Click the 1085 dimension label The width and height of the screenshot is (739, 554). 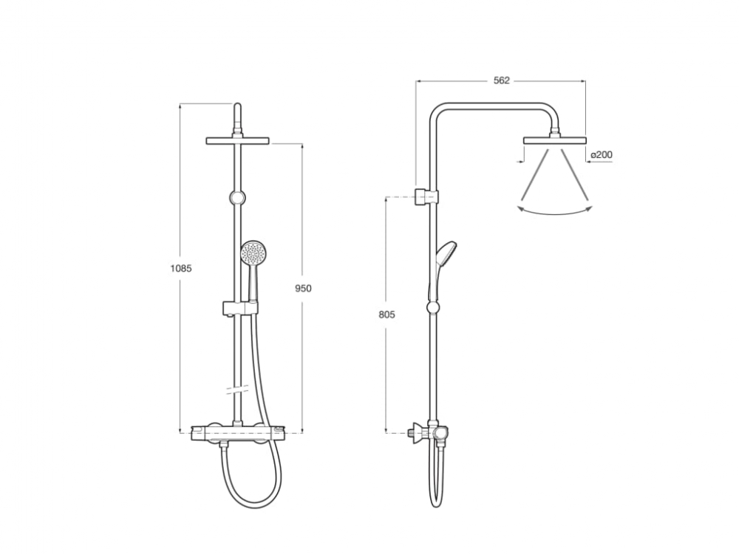(x=181, y=269)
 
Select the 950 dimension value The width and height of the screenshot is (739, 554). (x=303, y=288)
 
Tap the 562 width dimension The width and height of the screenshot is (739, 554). (x=502, y=81)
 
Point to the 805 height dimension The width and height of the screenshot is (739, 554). (x=387, y=315)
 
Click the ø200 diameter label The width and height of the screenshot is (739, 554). (x=601, y=154)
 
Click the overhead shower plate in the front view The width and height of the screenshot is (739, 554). (x=237, y=141)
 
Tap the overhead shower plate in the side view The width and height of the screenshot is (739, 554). (x=555, y=140)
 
